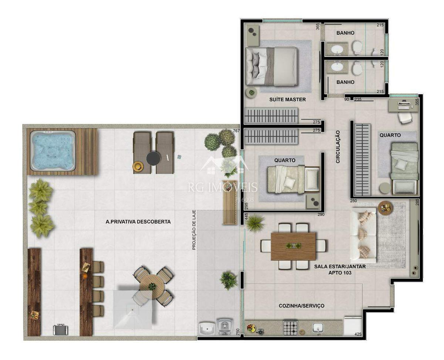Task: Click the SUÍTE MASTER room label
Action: pos(287,99)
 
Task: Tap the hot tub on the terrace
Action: pos(53,150)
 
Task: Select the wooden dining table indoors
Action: pos(293,246)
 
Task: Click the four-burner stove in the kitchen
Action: pos(290,328)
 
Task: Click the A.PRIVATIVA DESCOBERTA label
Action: pos(138,222)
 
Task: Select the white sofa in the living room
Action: pos(363,235)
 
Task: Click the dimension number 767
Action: pos(236,131)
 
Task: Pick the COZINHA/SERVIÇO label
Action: pos(301,306)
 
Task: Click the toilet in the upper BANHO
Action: pos(357,47)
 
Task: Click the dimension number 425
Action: pos(358,334)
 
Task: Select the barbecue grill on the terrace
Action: pos(60,329)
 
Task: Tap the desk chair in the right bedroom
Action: pos(405,118)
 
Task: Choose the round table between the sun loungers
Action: pos(153,159)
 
